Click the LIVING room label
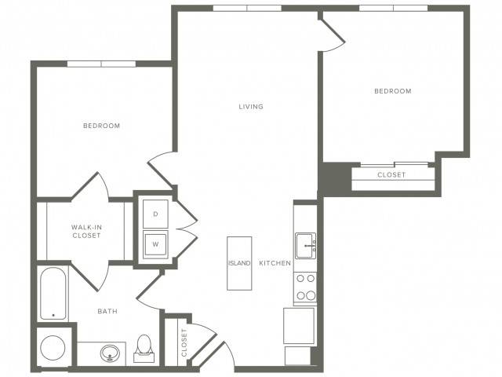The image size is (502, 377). click(251, 107)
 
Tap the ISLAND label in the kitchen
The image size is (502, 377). click(239, 263)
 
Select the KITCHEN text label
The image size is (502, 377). click(275, 263)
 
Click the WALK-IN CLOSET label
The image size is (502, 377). click(86, 231)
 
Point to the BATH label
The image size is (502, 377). click(107, 311)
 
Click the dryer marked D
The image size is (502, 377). click(155, 214)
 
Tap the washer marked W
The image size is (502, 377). click(155, 244)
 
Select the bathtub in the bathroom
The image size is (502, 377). click(53, 293)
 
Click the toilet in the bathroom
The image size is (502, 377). click(144, 349)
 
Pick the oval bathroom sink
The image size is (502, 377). click(110, 353)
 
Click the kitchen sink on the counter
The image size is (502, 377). click(305, 246)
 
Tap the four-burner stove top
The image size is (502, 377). click(305, 287)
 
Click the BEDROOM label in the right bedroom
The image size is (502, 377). click(393, 91)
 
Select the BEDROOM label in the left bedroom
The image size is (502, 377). click(101, 126)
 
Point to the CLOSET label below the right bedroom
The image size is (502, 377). click(391, 174)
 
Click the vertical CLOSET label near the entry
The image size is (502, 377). click(184, 342)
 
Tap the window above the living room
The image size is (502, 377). click(247, 9)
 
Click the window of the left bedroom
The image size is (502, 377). click(101, 64)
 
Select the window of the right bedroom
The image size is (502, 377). click(394, 9)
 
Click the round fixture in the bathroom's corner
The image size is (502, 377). click(53, 348)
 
